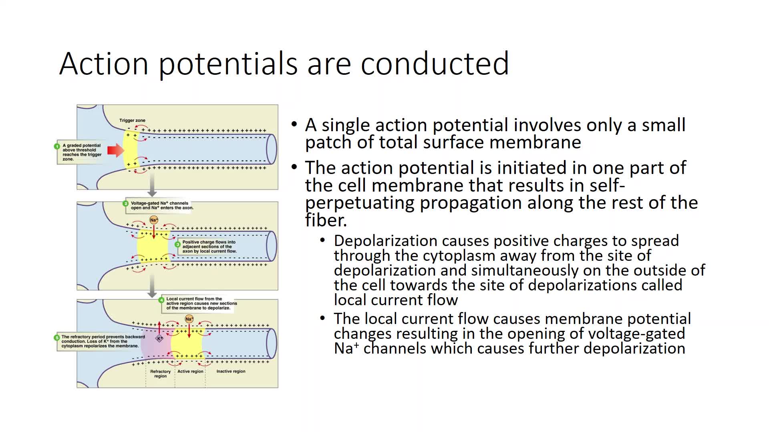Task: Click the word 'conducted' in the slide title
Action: pos(435,63)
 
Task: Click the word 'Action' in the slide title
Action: pos(104,63)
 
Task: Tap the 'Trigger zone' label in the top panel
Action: pos(132,120)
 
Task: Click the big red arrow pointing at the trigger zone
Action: pos(116,150)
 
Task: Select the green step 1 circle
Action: pos(57,146)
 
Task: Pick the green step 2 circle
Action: pos(126,204)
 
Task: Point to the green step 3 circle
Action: pos(178,244)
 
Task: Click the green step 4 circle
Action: pos(162,300)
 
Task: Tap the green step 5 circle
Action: pos(57,338)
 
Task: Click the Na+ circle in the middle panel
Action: pos(154,220)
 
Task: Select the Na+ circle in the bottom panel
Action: pos(189,319)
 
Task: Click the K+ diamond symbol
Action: pos(159,339)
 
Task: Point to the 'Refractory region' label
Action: pos(160,374)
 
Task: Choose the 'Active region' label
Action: pos(190,372)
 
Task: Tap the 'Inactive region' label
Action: pos(231,372)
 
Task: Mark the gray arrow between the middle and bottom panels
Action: pos(152,286)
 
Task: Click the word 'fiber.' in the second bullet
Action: pos(326,220)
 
